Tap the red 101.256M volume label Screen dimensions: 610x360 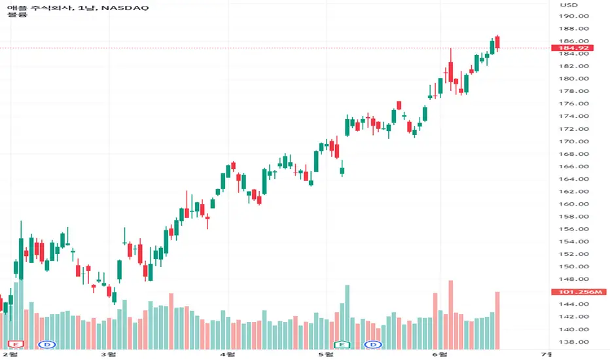pos(579,292)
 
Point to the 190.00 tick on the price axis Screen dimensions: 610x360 pos(574,16)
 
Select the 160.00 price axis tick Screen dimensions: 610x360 pos(574,204)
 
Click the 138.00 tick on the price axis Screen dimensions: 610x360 pos(574,342)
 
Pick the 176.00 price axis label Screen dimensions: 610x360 pos(574,103)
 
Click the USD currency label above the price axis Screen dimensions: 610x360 pos(569,5)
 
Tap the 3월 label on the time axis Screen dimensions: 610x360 pos(109,354)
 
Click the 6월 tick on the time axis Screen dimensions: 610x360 pos(440,354)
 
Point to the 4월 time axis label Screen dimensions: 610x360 pos(228,354)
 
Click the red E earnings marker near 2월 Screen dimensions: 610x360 pos(16,344)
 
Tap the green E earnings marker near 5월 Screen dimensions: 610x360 pos(342,344)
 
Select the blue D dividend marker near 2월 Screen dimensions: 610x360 pos(48,344)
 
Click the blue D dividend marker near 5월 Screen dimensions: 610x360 pos(373,344)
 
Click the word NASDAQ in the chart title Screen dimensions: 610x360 pos(125,7)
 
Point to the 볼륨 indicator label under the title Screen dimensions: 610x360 pos(17,15)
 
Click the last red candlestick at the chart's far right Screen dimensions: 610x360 pos(497,43)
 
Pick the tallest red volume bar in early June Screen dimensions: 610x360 pos(451,314)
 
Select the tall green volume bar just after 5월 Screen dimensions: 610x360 pos(347,317)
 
